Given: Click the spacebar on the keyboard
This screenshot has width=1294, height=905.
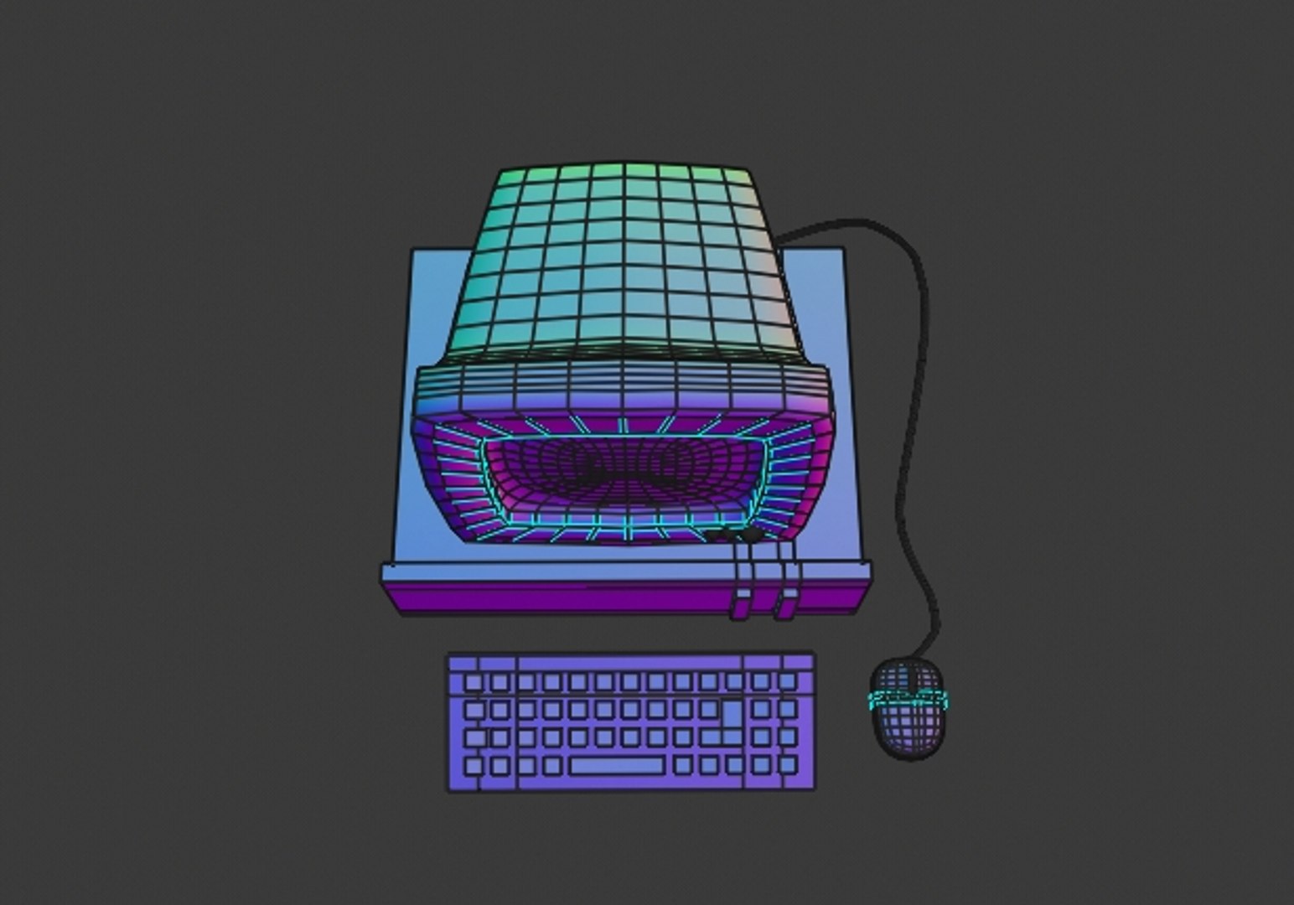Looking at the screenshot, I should click(618, 765).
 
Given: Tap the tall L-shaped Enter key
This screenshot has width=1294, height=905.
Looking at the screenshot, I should click(731, 715).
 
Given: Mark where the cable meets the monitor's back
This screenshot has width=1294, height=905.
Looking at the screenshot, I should click(784, 240).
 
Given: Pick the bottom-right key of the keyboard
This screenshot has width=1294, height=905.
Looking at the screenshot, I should click(787, 764).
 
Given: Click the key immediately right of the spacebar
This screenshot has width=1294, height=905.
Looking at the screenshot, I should click(683, 764).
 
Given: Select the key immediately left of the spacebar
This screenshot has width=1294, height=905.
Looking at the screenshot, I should click(552, 766).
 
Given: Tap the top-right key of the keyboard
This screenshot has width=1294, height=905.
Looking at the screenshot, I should click(787, 681).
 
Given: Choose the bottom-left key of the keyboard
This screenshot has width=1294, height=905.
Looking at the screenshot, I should click(474, 766).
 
